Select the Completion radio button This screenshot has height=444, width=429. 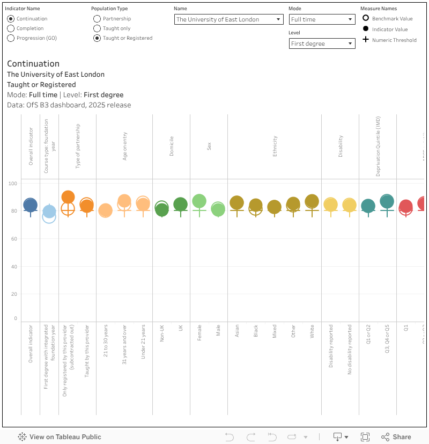(x=11, y=28)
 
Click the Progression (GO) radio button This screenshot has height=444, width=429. (x=11, y=38)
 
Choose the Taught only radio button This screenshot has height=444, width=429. (x=97, y=28)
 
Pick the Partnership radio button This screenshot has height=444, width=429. (x=97, y=19)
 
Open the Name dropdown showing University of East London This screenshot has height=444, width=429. (x=229, y=19)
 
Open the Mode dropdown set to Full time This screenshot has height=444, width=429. (x=322, y=19)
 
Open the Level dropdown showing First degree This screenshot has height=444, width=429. (x=322, y=43)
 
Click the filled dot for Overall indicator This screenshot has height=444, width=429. (x=31, y=205)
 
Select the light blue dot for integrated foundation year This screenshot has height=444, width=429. (x=49, y=212)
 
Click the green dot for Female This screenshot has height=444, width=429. (x=199, y=201)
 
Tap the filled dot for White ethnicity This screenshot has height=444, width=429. (x=312, y=201)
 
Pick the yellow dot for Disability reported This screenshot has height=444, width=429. (x=330, y=205)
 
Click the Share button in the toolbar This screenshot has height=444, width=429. (x=396, y=437)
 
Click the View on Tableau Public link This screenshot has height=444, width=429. (x=60, y=437)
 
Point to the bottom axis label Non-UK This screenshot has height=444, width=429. (x=161, y=334)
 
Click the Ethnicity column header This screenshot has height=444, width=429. (x=275, y=146)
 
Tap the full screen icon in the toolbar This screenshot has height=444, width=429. (x=365, y=437)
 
